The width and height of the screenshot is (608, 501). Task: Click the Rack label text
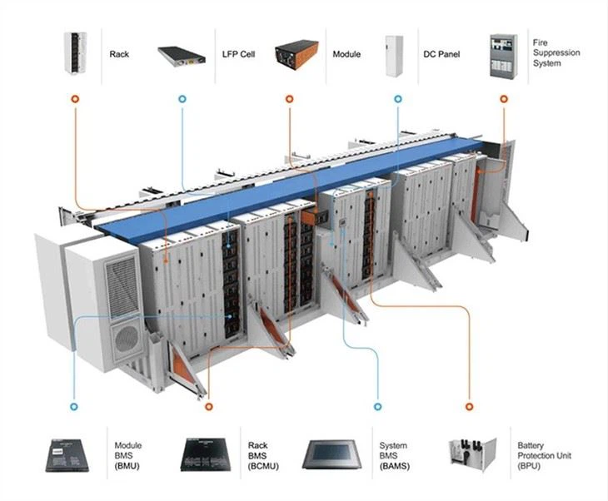click(x=119, y=55)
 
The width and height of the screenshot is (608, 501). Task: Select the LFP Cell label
click(x=235, y=55)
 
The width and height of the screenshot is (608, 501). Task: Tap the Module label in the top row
click(x=346, y=55)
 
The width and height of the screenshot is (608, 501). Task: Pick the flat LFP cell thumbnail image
click(x=182, y=56)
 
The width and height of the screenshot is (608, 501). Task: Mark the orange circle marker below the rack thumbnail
click(x=76, y=98)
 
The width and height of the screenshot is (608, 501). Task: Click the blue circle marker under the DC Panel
click(x=397, y=98)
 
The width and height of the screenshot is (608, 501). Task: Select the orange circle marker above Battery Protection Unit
click(x=469, y=406)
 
